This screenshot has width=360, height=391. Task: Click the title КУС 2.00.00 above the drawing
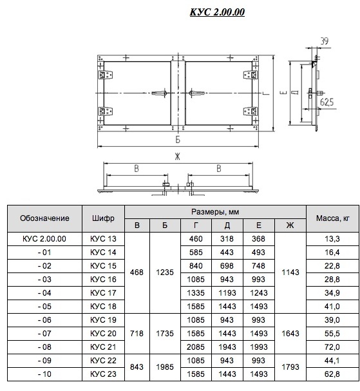pyautogui.click(x=217, y=12)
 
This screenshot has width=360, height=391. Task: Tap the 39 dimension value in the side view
pyautogui.click(x=324, y=41)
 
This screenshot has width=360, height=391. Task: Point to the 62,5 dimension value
pyautogui.click(x=327, y=102)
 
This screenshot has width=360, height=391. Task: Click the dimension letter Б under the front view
pyautogui.click(x=178, y=139)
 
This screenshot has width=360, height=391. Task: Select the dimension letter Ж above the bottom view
pyautogui.click(x=177, y=157)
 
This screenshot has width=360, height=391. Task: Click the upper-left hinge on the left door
pyautogui.click(x=106, y=75)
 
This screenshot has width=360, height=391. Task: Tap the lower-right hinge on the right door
pyautogui.click(x=251, y=111)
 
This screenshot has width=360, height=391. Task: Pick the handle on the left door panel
pyautogui.click(x=160, y=93)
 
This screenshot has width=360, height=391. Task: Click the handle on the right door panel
pyautogui.click(x=196, y=93)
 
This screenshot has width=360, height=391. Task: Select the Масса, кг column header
pyautogui.click(x=332, y=218)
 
